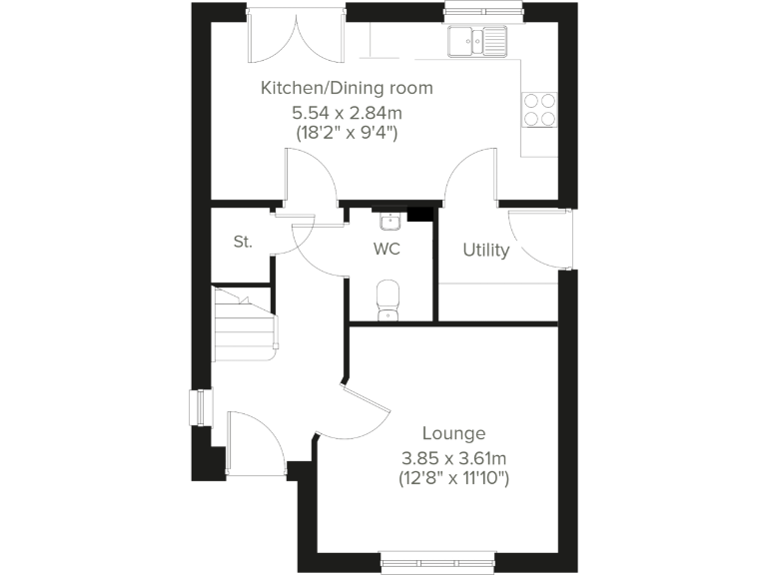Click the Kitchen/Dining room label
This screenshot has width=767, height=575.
347,88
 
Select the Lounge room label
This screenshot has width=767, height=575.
453,433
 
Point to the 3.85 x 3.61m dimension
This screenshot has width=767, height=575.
453,458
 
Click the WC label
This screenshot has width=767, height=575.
386,249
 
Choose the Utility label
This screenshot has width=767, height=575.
485,250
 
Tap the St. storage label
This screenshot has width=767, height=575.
242,242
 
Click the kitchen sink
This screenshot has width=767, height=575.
477,41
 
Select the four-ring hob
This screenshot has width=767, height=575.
539,108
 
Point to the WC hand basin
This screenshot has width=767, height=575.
389,219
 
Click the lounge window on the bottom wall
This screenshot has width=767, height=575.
438,562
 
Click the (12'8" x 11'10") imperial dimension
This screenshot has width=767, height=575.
453,480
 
